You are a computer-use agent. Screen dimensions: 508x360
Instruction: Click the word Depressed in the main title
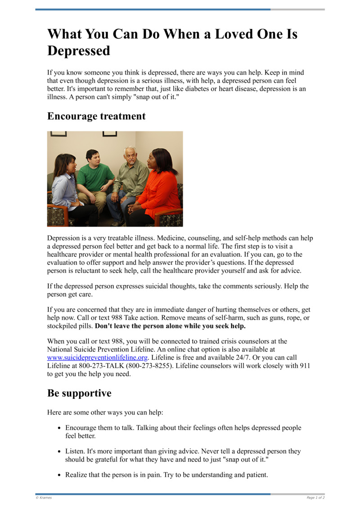pos(79,51)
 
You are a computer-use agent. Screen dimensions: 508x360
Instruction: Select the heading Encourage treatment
pos(96,116)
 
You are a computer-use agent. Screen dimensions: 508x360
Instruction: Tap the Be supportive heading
pos(79,393)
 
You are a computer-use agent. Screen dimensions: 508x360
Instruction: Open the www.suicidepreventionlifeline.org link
pos(98,358)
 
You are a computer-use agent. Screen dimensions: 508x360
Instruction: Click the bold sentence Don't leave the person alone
pos(171,326)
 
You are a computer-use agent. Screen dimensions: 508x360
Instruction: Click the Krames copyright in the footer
pos(44,498)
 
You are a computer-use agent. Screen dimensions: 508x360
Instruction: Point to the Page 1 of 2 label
pos(315,498)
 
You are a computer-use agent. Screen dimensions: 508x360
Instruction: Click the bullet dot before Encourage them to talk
pos(60,428)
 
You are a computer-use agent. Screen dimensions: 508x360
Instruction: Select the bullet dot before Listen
pos(60,451)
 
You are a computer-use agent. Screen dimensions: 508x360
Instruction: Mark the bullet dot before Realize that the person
pos(60,475)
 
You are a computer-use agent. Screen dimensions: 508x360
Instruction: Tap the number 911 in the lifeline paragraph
pos(305,366)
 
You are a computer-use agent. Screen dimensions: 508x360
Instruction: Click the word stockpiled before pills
pos(62,326)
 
